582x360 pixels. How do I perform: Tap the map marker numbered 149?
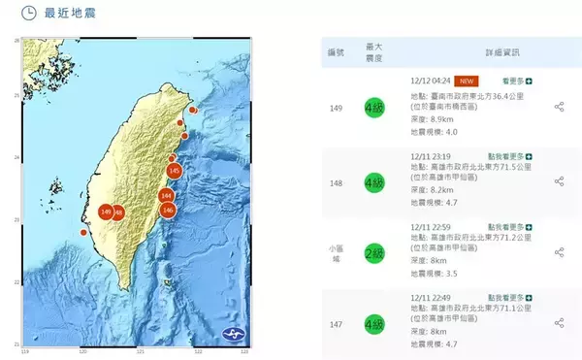(x=105, y=211)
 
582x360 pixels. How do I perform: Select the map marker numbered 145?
(x=174, y=172)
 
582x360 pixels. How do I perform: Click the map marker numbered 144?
(x=166, y=196)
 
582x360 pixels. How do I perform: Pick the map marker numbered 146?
(x=168, y=210)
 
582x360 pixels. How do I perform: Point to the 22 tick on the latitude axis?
(x=16, y=282)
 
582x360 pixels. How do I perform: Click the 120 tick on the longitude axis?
(x=82, y=351)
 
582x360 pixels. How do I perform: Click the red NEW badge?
(x=468, y=82)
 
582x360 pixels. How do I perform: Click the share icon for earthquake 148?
(x=559, y=180)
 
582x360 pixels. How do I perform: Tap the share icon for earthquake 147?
(x=559, y=323)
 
